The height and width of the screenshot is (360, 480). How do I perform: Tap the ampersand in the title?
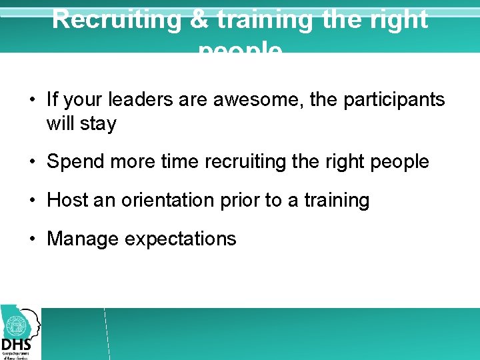pos(199,19)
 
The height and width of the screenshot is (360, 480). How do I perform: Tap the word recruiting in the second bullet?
pos(236,161)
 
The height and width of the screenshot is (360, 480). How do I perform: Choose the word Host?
pos(67,200)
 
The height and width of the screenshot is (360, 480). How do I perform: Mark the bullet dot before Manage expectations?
pos(32,239)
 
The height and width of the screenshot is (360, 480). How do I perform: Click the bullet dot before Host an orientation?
pos(32,200)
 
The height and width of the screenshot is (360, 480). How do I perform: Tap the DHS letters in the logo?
pos(16,344)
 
